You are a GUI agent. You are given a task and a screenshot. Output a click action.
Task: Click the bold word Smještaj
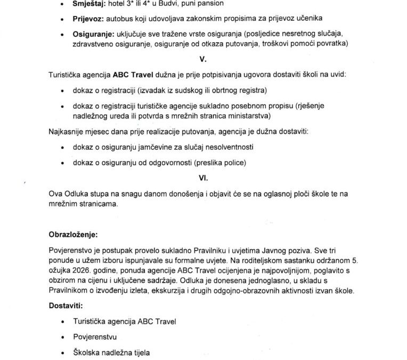click(88, 4)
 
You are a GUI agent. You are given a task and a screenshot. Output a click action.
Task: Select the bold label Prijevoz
click(88, 20)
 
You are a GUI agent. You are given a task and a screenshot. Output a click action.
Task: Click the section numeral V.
click(203, 60)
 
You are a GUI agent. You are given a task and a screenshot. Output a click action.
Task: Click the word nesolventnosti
click(226, 147)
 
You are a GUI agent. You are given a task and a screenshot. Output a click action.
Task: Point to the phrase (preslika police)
click(224, 162)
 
